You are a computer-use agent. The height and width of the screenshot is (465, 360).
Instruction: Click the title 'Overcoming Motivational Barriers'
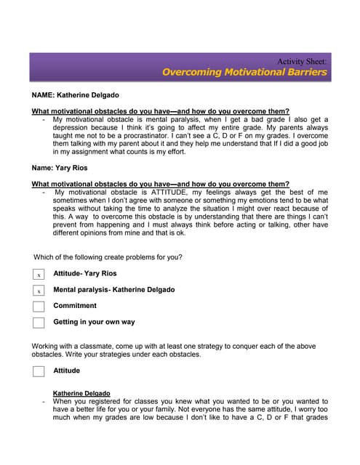click(x=244, y=73)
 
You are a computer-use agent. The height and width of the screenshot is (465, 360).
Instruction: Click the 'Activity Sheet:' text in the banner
click(x=302, y=61)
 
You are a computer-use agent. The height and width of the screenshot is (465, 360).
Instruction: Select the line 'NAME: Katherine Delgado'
click(x=76, y=95)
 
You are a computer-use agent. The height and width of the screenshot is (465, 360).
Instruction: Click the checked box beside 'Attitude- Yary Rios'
click(x=39, y=275)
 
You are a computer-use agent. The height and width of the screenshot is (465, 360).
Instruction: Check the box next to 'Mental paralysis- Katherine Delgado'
click(x=39, y=291)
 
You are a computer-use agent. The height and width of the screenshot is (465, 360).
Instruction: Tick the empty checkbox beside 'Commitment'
click(x=39, y=307)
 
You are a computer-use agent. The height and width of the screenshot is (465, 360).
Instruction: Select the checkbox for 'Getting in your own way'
click(x=39, y=323)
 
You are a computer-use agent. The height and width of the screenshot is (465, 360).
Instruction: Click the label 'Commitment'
click(x=75, y=306)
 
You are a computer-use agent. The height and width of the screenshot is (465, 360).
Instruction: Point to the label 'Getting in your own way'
click(x=94, y=322)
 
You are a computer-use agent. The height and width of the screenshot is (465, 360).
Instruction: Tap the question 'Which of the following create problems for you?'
click(x=108, y=257)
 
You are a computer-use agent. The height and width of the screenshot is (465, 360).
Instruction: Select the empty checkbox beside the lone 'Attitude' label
click(x=39, y=371)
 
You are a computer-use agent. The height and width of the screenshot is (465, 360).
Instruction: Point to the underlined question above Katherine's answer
click(x=160, y=111)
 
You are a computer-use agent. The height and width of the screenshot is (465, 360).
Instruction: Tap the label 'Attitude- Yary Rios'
click(x=84, y=274)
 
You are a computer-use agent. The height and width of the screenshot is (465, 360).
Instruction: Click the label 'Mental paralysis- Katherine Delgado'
click(x=113, y=290)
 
